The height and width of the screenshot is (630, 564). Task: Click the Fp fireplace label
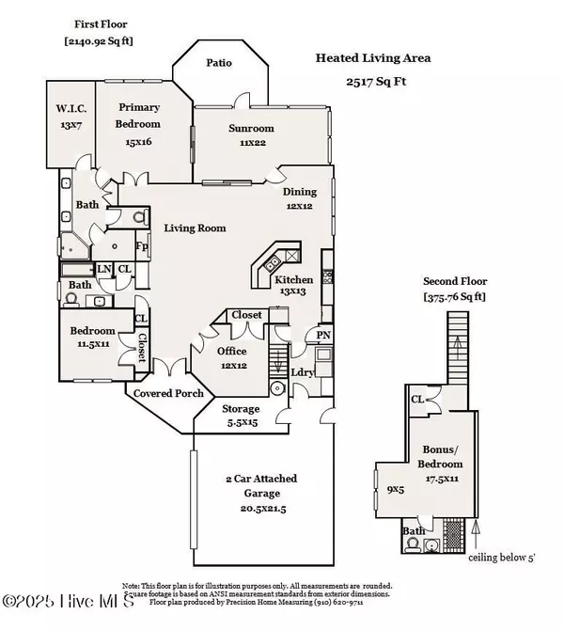click(143, 247)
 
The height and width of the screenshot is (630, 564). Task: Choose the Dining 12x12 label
click(301, 193)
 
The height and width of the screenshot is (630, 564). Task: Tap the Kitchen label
click(293, 280)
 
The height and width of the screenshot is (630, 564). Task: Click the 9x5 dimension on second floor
click(395, 488)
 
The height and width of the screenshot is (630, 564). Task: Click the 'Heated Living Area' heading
click(372, 58)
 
